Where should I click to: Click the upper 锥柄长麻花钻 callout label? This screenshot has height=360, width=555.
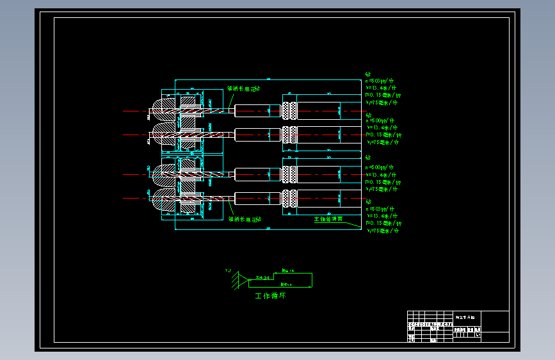(244, 89)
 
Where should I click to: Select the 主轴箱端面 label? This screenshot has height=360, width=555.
(328, 219)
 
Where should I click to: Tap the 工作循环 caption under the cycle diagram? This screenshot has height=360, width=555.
(270, 296)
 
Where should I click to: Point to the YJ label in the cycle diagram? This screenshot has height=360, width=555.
(227, 271)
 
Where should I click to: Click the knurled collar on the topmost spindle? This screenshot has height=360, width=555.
(289, 110)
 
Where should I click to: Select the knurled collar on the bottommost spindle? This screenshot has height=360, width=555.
(289, 198)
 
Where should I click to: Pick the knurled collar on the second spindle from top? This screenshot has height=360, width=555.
(289, 135)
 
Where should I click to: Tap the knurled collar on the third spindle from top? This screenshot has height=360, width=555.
(289, 174)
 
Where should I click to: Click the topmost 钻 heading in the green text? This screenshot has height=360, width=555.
(367, 74)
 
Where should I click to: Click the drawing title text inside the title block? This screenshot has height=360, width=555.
(466, 317)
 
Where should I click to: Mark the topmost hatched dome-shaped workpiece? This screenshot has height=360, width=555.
(162, 110)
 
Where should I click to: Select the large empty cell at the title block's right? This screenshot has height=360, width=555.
(495, 321)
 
